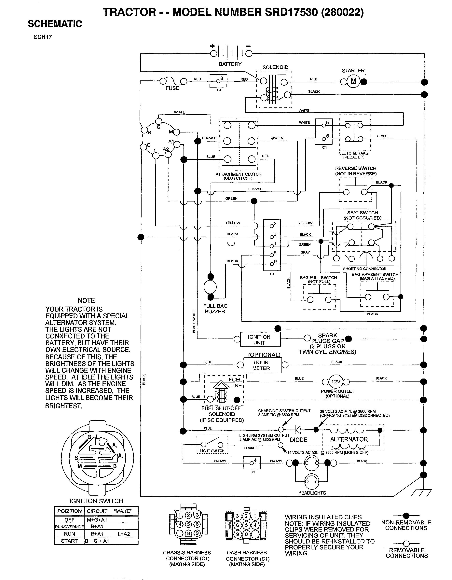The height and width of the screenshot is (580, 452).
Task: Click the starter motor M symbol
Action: pos(353,81)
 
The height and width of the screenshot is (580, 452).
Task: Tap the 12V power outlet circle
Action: pos(336,382)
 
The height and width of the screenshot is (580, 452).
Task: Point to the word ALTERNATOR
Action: pos(349,439)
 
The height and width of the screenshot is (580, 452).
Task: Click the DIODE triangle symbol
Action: pos(298,429)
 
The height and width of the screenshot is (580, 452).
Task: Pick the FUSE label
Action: pos(172,88)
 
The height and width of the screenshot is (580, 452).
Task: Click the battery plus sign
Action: pos(212,46)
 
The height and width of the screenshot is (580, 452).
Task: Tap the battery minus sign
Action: pos(248,46)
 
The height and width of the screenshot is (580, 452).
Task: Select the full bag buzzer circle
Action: pos(210,287)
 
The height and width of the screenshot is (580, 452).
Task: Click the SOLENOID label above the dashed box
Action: pos(275,67)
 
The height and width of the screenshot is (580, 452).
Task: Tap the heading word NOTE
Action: pos(86,300)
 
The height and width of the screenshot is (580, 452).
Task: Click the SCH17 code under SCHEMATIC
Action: pos(43,37)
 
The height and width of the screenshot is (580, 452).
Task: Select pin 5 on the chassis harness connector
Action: pos(188,524)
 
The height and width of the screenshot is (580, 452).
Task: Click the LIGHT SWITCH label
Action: pos(212,451)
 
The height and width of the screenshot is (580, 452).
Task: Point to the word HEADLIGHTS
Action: pos(312,493)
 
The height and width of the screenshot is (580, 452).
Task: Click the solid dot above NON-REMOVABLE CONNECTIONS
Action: pos(406,516)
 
